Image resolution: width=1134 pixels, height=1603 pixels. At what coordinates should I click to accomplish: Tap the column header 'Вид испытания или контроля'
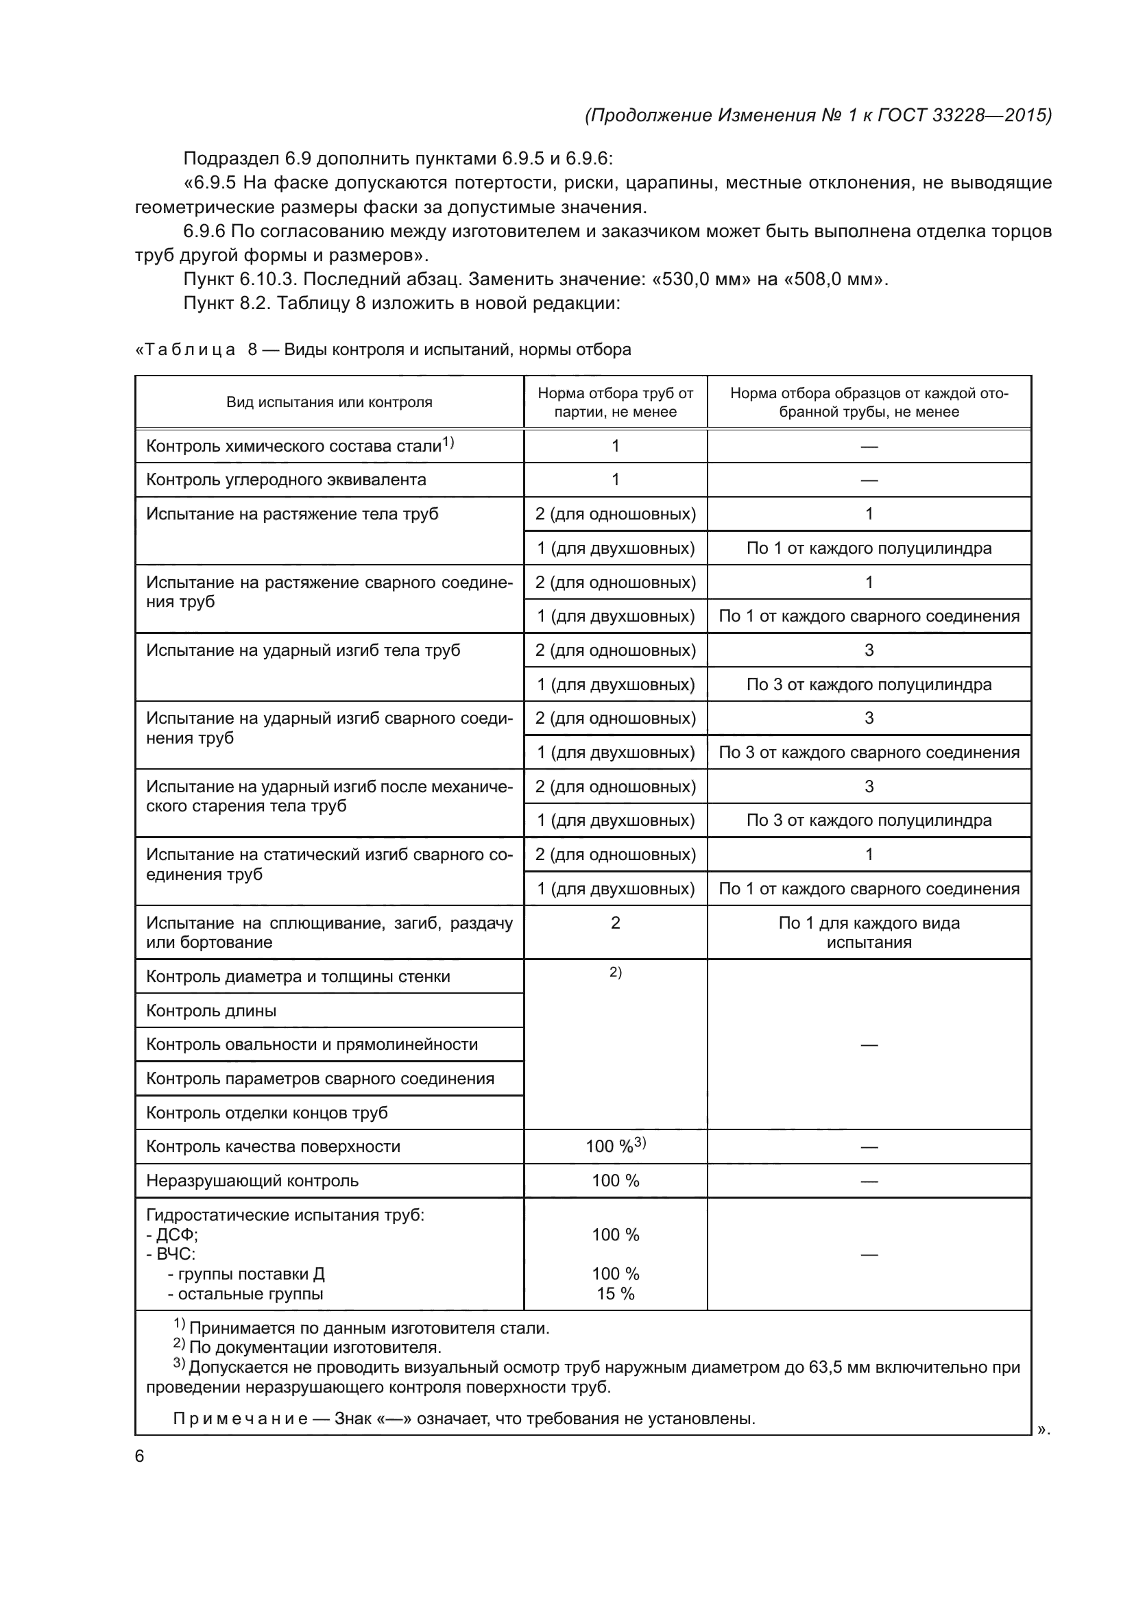point(329,402)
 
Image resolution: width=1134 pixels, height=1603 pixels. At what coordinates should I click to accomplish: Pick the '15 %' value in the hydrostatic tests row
point(615,1294)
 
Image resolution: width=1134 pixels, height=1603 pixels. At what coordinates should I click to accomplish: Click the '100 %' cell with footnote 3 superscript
point(615,1147)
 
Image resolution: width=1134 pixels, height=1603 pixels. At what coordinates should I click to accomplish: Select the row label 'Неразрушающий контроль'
point(252,1181)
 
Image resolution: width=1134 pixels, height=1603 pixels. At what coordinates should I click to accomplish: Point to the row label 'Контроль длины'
point(211,1011)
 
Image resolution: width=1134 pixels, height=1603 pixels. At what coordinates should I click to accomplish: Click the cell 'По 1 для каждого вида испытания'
point(869,933)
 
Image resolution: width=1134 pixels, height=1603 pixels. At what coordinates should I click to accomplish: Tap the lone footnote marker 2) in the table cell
point(615,972)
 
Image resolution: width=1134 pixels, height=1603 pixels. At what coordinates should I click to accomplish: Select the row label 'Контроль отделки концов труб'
point(267,1113)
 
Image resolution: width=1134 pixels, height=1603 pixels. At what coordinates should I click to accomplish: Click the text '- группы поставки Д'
point(246,1274)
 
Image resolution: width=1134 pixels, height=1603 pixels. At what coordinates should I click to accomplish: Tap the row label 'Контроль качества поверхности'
point(273,1147)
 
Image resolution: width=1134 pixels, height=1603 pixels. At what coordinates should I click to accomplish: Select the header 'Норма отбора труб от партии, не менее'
point(615,402)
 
